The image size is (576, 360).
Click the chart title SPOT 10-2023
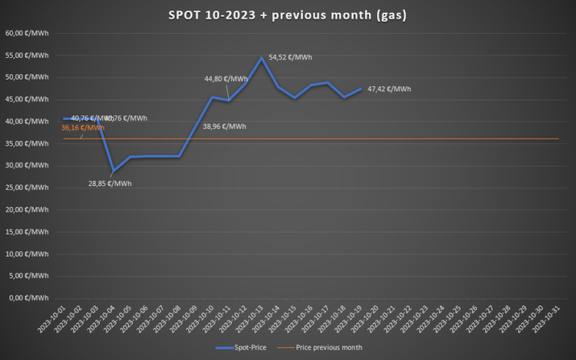[x=288, y=15]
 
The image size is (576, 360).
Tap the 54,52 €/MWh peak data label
[x=290, y=57]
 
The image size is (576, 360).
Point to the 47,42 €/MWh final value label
[x=389, y=89]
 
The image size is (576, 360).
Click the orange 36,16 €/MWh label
[x=82, y=127]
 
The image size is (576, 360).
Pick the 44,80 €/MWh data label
[x=226, y=79]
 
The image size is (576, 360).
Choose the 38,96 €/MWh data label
[x=224, y=126]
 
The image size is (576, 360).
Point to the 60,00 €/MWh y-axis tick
[x=27, y=33]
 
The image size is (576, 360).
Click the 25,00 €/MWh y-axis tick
[x=27, y=187]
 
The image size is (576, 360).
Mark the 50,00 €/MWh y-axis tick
[x=27, y=77]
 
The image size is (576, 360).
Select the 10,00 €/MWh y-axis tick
[x=27, y=253]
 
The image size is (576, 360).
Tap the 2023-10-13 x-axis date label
[x=252, y=319]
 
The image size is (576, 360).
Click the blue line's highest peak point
[x=262, y=58]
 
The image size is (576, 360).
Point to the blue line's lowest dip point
[x=113, y=171]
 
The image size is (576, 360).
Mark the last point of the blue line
[x=361, y=88]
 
